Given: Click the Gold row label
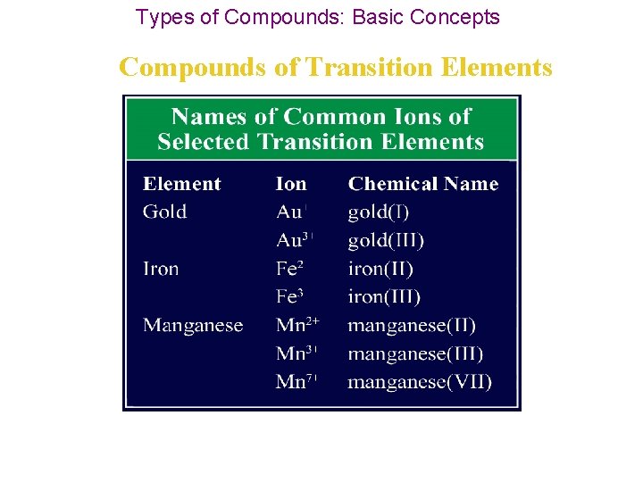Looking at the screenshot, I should (x=165, y=212).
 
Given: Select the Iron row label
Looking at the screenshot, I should (x=161, y=269).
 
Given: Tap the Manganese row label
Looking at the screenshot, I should (x=193, y=325).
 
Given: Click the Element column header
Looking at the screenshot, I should (x=181, y=184).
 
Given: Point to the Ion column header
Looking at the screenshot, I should (x=291, y=184).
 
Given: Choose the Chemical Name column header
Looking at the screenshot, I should (x=423, y=184).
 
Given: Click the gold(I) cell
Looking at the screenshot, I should (x=379, y=212).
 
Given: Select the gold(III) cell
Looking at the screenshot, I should (x=386, y=241).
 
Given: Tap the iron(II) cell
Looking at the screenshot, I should (x=380, y=269).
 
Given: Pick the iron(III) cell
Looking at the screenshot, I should (x=384, y=297).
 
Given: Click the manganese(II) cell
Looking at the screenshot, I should (x=412, y=325).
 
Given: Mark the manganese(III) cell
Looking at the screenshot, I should (x=415, y=353).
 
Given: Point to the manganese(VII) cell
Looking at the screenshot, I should (x=420, y=382).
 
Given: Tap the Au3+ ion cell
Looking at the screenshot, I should (x=295, y=241).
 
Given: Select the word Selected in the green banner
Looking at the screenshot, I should (x=202, y=142).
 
